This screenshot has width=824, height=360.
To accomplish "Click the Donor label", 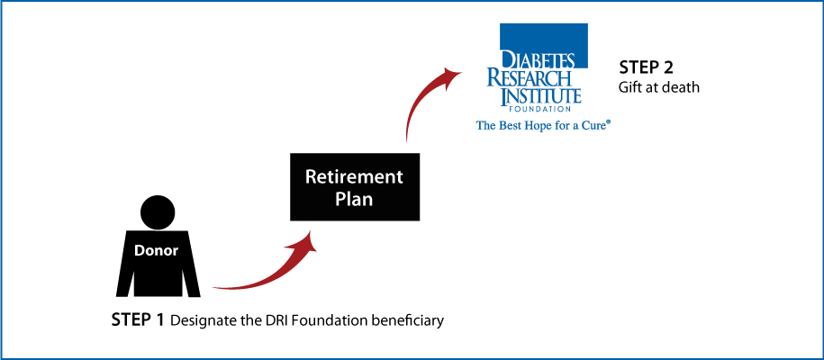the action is pyautogui.click(x=156, y=251).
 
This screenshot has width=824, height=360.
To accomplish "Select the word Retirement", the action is pyautogui.click(x=353, y=176).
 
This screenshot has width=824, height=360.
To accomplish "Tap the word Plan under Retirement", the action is pyautogui.click(x=353, y=200).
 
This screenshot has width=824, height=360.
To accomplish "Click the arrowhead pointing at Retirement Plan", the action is pyautogui.click(x=309, y=239).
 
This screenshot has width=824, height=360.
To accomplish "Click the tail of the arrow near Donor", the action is pyautogui.click(x=216, y=288).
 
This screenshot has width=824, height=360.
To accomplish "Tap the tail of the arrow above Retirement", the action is pyautogui.click(x=407, y=139).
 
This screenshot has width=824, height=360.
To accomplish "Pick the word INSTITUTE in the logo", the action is pyautogui.click(x=540, y=96).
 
